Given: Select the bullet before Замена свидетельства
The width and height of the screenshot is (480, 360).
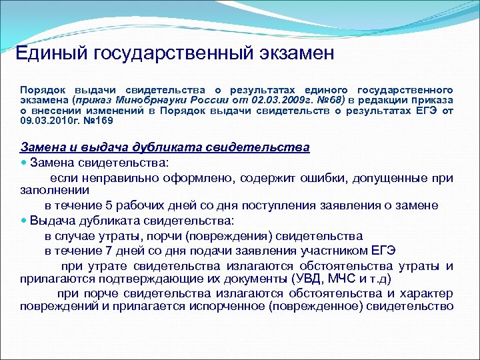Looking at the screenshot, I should coord(25,162).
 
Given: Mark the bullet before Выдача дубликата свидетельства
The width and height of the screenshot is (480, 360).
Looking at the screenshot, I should coord(25,221).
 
